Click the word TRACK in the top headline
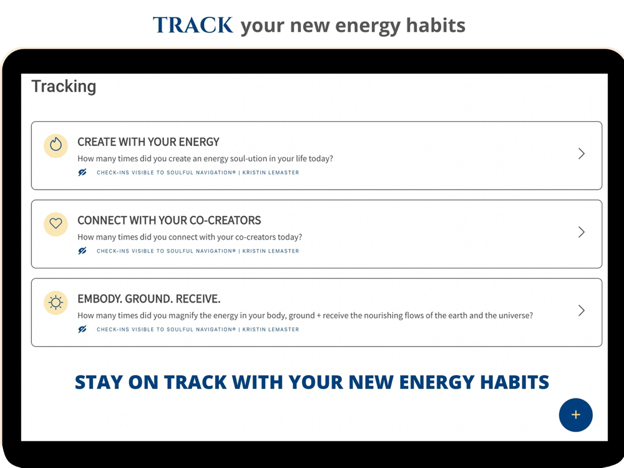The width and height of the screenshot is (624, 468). pos(193,25)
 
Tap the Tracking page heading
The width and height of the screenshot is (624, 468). pos(64,87)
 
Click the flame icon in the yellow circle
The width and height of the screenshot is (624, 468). pos(56,145)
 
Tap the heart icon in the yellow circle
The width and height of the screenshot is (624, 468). pos(56,223)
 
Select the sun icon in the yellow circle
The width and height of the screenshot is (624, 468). pos(56,303)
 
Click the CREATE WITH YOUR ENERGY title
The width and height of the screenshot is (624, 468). pos(149,142)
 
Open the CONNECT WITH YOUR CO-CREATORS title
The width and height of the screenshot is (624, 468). pos(169,220)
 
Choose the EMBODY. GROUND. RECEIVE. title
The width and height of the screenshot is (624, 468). pos(149,299)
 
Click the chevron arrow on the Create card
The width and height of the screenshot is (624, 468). pos(582,154)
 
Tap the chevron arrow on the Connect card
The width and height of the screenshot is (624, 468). pos(582,232)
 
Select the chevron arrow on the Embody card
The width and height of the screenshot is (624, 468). pos(582,310)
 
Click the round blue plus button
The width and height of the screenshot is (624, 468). pos(575,415)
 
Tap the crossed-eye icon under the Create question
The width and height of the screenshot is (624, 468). pos(82,172)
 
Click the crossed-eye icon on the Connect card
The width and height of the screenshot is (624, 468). pos(82,251)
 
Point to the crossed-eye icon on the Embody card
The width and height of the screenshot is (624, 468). pos(82,329)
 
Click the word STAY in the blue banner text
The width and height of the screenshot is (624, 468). pos(99,382)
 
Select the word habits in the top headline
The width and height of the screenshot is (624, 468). pos(436,25)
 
